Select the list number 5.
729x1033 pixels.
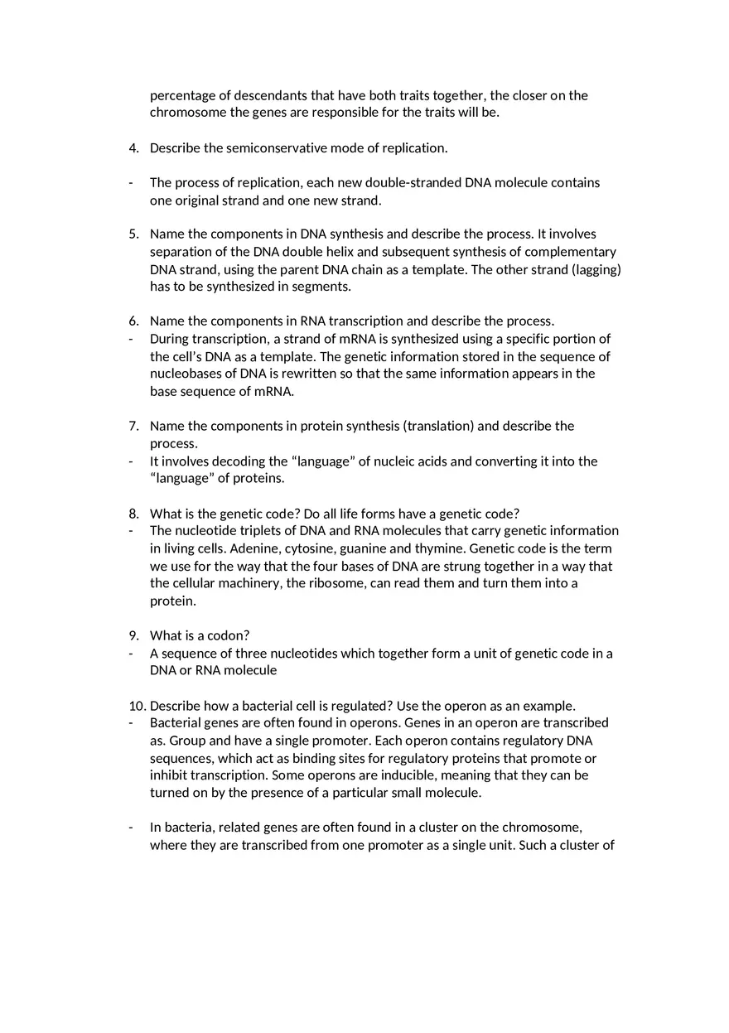pos(133,234)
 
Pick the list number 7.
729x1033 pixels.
pos(133,426)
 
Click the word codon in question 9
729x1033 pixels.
pos(229,636)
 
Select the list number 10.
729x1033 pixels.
pos(136,706)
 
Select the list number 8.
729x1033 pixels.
pos(133,514)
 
